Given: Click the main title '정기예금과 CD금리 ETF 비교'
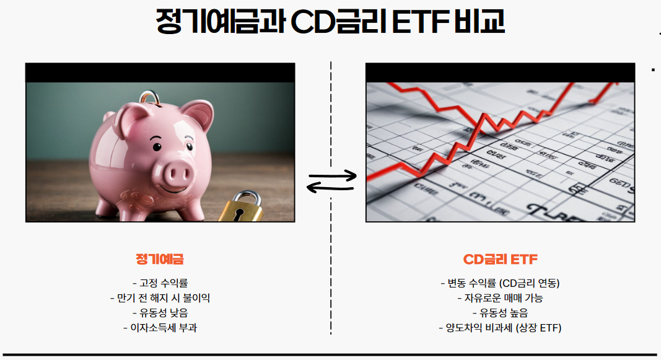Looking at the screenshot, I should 330,22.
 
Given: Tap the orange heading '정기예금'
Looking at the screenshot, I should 160,259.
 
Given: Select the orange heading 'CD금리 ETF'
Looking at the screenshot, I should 501,259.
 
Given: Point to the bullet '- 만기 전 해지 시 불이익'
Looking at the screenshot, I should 160,298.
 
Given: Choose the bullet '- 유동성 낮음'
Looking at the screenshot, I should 160,313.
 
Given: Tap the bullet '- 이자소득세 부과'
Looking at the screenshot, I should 160,328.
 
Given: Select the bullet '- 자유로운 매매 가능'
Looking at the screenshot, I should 500,298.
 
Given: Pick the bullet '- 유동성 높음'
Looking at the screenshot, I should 500,313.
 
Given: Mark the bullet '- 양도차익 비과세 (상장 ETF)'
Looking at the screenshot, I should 500,328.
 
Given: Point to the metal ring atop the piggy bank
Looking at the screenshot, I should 150,98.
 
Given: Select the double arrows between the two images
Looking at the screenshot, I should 332,182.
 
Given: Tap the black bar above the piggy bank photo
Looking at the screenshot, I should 160,72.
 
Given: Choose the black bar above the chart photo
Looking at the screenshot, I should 500,72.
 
